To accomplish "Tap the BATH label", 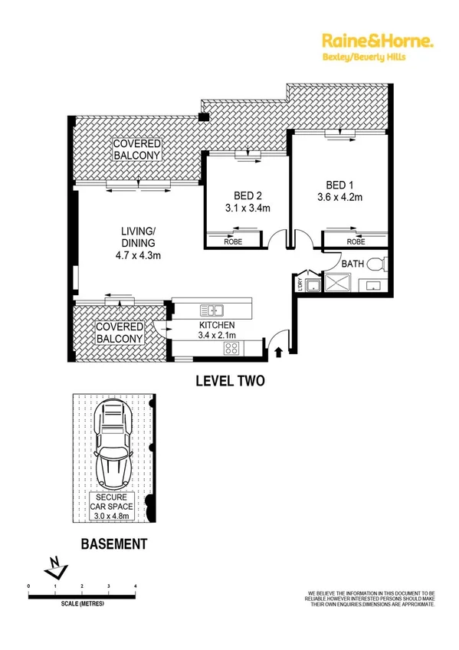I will pos(352,264).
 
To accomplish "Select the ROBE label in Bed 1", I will pos(356,241).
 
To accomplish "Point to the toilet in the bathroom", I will pos(375,266).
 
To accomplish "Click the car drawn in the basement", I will pos(113,448).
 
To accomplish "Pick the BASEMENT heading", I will pos(113,545).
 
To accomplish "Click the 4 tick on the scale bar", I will pos(136,586).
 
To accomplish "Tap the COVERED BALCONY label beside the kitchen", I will pos(120,333).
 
